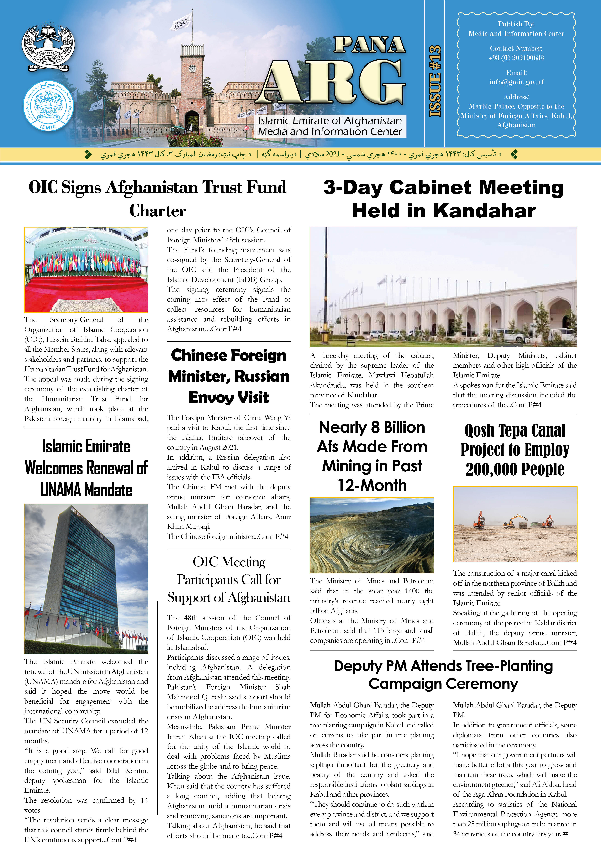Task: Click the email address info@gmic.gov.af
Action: pyautogui.click(x=516, y=82)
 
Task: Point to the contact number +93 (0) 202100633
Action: pyautogui.click(x=516, y=58)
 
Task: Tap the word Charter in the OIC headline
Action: pyautogui.click(x=157, y=211)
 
